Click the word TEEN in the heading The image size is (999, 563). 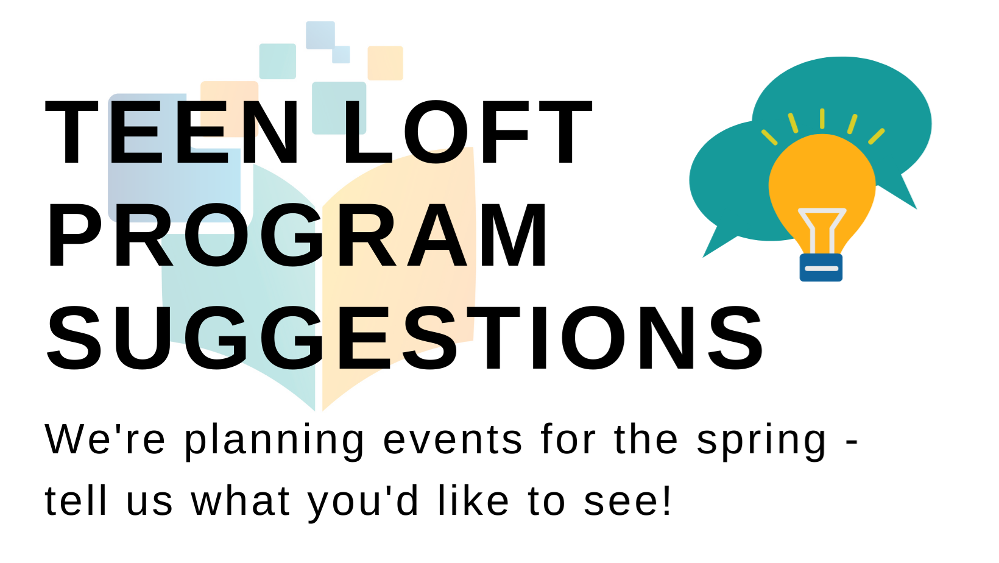(172, 132)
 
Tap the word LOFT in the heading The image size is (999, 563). (467, 132)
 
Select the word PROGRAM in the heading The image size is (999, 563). (297, 235)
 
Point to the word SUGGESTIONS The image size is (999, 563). (405, 339)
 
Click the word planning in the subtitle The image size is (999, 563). (274, 442)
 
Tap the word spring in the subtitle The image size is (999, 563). (761, 442)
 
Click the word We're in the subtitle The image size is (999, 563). (105, 439)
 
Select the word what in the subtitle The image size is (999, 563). (241, 500)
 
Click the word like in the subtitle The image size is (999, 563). (473, 500)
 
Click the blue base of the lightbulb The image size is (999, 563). (821, 267)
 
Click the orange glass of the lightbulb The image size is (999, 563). (822, 179)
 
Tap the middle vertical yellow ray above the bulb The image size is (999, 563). (822, 119)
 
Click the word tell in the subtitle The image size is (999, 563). (76, 500)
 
